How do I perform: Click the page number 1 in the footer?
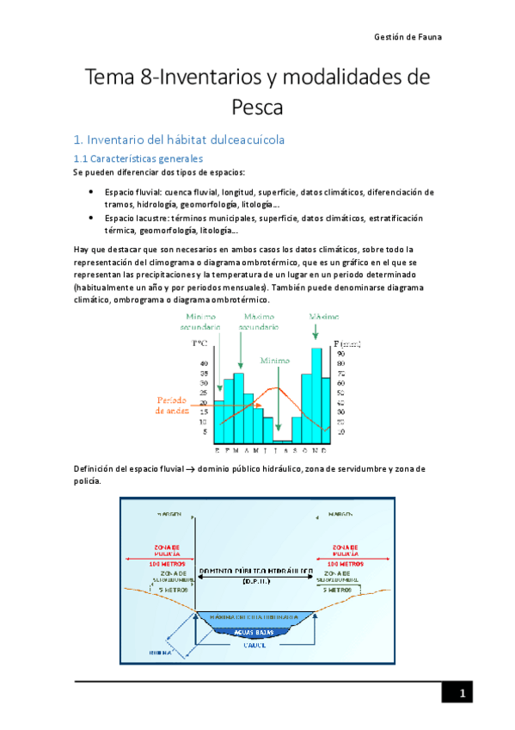[462, 695]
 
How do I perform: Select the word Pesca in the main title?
[257, 107]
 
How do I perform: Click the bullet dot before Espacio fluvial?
[91, 192]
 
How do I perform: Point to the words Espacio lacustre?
[135, 219]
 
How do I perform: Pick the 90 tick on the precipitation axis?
[341, 353]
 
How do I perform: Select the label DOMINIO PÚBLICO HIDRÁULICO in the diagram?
[255, 571]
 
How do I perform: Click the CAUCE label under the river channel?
[254, 644]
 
